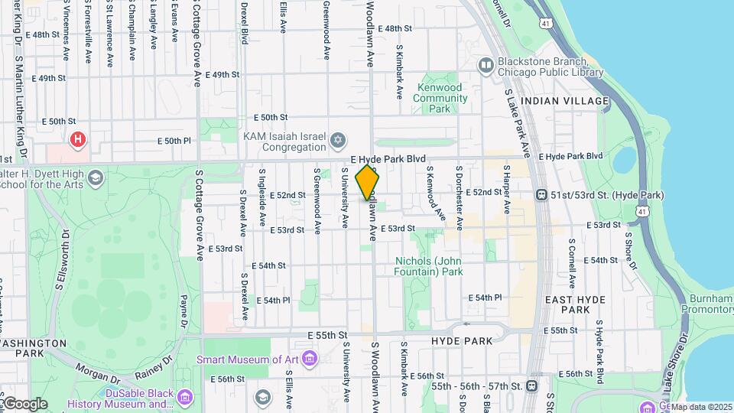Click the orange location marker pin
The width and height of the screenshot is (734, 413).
368,183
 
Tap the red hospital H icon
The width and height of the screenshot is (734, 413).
77,139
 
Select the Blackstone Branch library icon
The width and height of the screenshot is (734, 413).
486,65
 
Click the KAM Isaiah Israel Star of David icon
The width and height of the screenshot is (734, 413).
338,141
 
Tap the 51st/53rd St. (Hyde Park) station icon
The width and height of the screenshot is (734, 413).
541,195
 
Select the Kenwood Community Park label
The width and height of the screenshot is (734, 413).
439,98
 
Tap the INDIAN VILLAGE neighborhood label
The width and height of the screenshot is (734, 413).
564,101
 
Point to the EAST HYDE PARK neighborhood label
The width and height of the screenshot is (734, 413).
574,304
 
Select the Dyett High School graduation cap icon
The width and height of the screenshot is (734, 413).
96,179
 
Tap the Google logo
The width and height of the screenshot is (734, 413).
24,403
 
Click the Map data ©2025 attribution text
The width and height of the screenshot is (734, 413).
701,407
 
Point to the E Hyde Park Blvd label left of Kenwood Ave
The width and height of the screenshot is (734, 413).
388,159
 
